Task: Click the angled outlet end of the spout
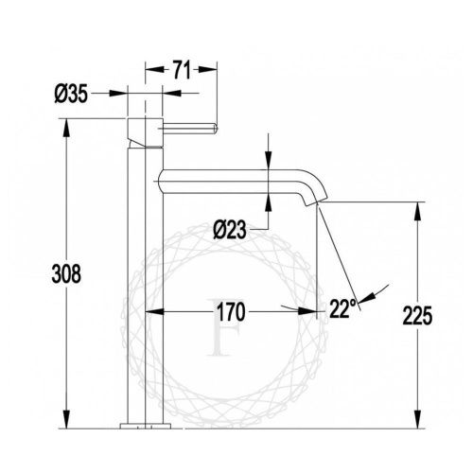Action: coord(319,201)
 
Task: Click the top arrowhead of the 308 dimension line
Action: coord(65,125)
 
